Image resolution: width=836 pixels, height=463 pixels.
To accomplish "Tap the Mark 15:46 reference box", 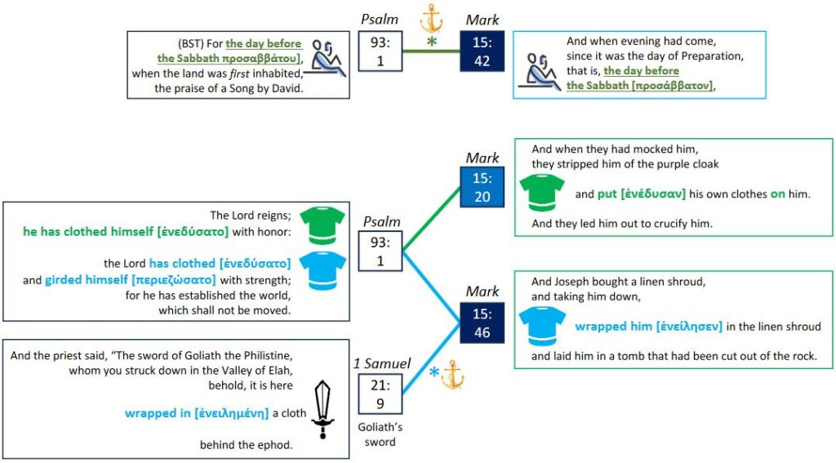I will [x=482, y=321].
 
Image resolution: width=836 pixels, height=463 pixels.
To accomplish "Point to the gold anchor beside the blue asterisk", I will [x=451, y=374].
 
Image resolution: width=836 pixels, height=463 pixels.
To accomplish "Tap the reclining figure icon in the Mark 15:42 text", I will [x=540, y=69].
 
